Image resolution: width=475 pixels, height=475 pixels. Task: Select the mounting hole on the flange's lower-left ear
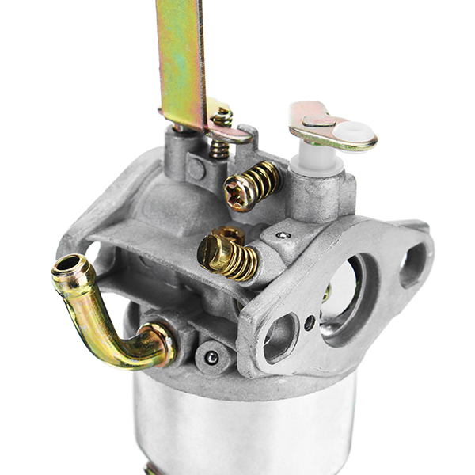tap(281, 333)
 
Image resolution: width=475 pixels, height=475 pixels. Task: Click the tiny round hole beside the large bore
tap(310, 322)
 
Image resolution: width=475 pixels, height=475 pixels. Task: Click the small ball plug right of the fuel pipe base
tap(211, 358)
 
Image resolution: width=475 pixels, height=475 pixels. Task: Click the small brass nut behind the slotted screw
tap(232, 233)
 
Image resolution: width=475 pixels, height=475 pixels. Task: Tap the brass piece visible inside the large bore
tap(326, 293)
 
